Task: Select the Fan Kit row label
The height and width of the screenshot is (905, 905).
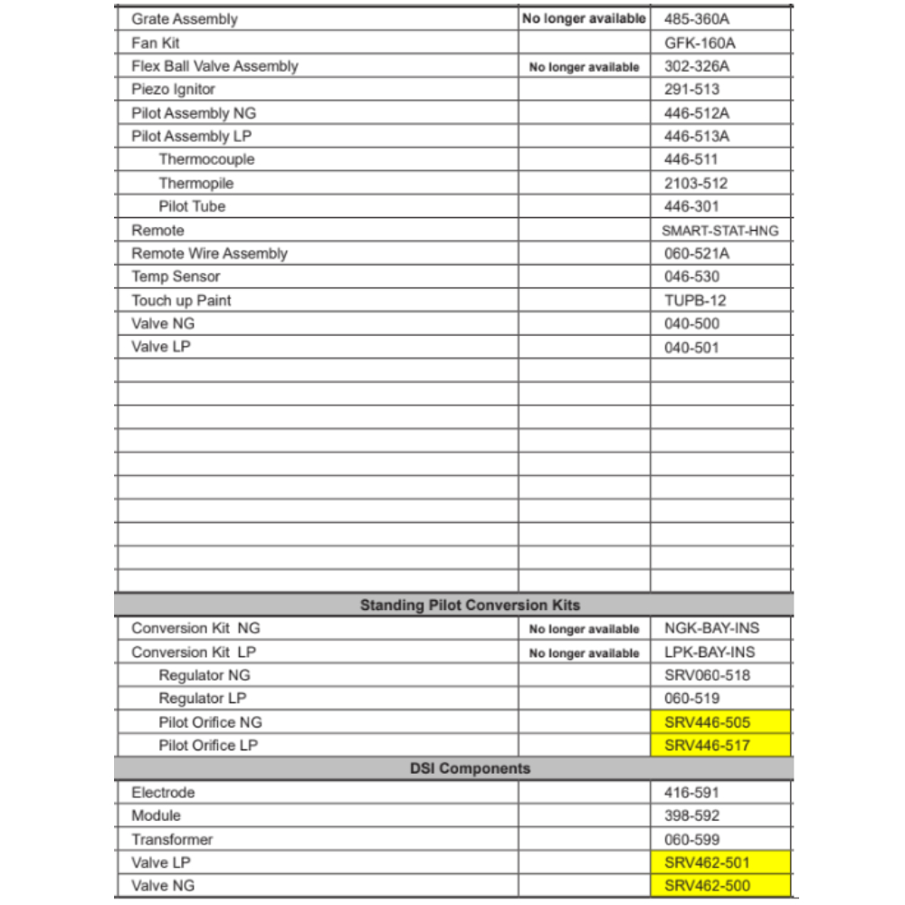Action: (x=156, y=43)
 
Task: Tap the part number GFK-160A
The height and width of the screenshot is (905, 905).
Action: (x=700, y=43)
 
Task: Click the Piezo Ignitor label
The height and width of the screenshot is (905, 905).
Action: (x=173, y=90)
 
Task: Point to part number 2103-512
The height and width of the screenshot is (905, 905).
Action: (x=695, y=184)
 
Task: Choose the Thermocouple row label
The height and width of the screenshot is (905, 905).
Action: (x=206, y=159)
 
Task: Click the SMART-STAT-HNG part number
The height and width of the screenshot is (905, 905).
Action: (x=719, y=231)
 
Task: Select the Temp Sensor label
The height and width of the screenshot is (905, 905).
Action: (x=176, y=277)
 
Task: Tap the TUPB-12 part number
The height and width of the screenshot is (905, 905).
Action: (x=694, y=300)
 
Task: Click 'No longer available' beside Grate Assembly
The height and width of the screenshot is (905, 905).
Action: (x=584, y=19)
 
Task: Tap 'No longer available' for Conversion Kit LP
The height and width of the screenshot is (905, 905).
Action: (x=584, y=653)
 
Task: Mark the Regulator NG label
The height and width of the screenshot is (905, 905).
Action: (x=205, y=675)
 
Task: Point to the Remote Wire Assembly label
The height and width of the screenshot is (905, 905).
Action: (x=209, y=253)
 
